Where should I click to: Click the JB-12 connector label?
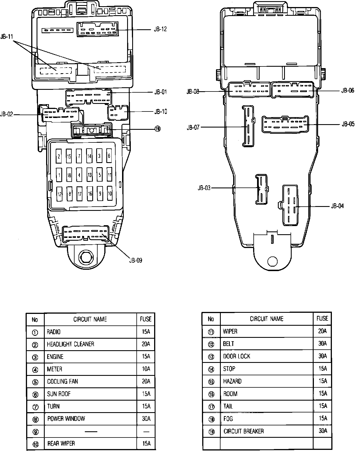160,29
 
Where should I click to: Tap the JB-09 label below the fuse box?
136,260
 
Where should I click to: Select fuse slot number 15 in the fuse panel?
69,157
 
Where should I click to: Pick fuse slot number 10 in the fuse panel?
110,194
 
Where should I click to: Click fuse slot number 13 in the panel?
89,175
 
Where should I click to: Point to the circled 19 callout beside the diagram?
157,129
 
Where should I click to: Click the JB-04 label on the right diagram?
337,206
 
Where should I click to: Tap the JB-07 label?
193,127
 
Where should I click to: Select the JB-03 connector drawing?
261,189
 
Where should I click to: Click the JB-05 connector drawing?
285,124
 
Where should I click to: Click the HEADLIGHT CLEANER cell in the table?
70,344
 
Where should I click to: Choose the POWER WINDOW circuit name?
66,419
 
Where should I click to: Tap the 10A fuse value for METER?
146,369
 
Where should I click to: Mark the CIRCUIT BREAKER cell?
244,431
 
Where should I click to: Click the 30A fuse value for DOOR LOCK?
322,356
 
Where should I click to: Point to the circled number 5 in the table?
35,382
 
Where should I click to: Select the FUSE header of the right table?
322,318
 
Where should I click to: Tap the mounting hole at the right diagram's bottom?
272,262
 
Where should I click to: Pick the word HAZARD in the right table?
232,381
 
